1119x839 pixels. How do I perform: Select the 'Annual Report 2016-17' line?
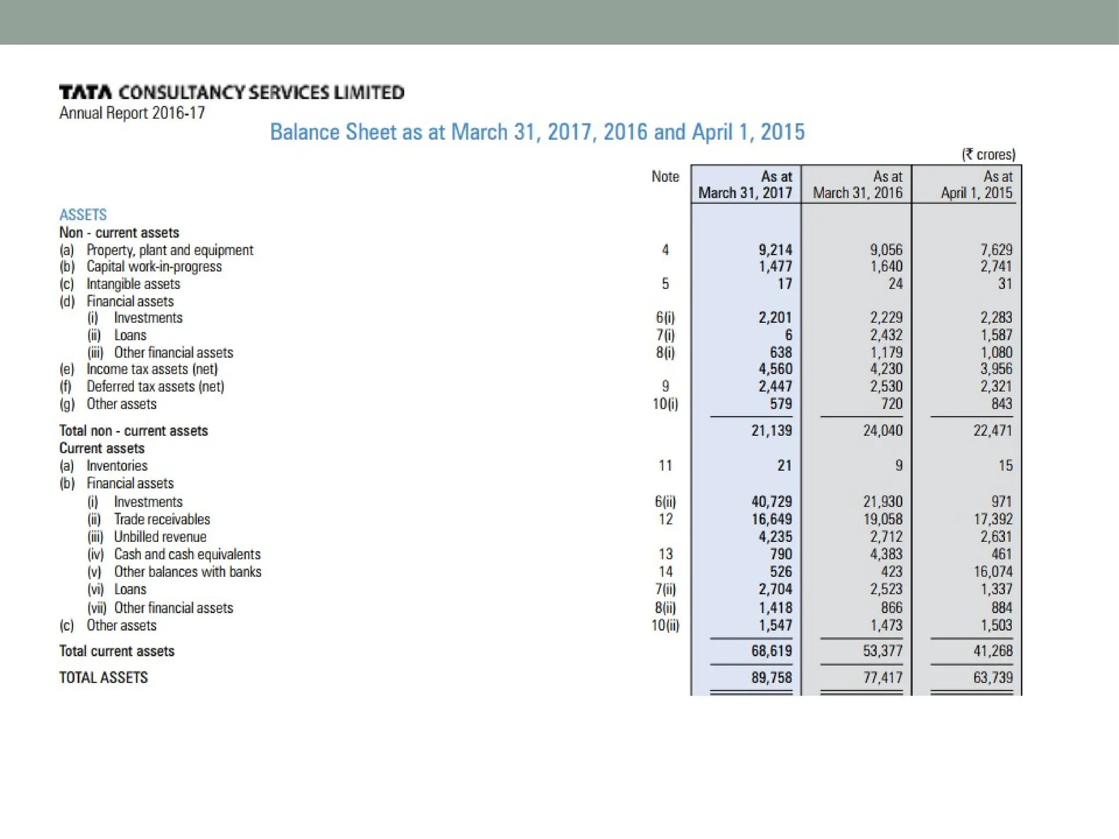tap(132, 113)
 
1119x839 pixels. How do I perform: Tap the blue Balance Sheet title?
tap(537, 132)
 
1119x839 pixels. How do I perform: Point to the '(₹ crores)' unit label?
tap(988, 155)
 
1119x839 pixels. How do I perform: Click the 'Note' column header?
tap(665, 176)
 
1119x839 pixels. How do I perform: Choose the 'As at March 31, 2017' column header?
tap(745, 185)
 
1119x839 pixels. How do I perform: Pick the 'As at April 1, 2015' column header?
tap(976, 185)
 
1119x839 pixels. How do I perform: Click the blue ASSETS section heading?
tap(83, 215)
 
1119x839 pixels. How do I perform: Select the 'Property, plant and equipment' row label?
tap(169, 250)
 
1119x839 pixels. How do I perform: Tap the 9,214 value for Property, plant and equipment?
tap(775, 250)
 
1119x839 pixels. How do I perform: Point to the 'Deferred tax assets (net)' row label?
tap(155, 387)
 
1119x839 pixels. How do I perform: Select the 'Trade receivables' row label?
tap(162, 519)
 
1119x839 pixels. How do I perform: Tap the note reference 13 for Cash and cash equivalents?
tap(665, 554)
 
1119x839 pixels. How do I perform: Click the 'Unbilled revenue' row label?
tap(160, 537)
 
